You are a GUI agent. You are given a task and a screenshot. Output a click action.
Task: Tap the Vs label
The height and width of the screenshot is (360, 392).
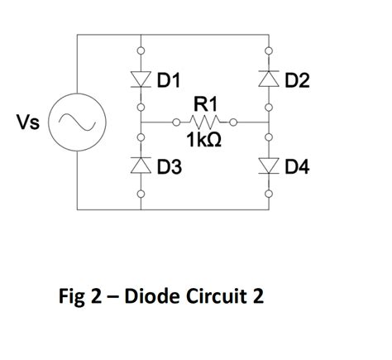(29, 122)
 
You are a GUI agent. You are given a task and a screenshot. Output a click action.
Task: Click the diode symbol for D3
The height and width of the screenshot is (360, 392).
(141, 166)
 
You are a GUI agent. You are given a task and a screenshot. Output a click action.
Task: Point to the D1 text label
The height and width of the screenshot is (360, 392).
(168, 80)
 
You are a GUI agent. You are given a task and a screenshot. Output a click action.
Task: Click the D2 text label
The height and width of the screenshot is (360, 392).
(297, 80)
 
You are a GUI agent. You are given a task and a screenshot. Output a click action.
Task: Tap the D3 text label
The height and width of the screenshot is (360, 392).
(168, 168)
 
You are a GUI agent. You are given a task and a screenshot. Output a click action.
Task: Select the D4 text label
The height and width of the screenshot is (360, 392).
(297, 168)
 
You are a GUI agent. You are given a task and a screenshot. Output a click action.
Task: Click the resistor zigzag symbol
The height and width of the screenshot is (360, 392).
(205, 123)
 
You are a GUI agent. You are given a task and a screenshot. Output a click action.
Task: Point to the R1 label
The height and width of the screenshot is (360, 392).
(205, 105)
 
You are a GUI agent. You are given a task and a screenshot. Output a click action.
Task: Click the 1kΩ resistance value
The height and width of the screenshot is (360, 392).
(205, 142)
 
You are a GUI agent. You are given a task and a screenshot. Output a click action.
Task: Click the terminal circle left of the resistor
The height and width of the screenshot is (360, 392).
(174, 123)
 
